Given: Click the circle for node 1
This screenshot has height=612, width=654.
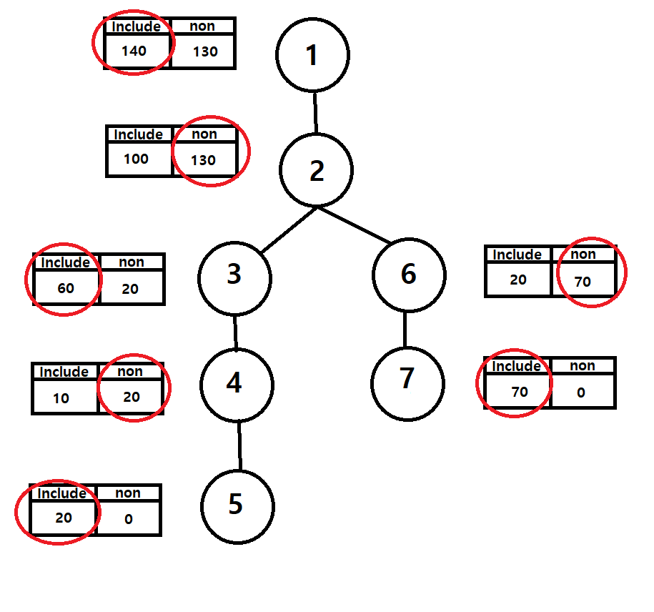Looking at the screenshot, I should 312,56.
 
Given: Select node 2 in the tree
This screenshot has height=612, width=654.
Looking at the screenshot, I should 316,171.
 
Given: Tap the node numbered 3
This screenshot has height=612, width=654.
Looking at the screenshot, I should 234,275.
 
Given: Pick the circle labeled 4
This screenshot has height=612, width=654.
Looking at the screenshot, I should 237,385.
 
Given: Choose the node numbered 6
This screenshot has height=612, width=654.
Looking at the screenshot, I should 409,275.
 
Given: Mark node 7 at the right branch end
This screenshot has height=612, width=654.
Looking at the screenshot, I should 407,379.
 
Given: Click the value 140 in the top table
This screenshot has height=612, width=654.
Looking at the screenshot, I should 134,51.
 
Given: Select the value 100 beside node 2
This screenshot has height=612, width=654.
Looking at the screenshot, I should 136,159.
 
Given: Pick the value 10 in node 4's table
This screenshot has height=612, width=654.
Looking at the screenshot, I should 61,398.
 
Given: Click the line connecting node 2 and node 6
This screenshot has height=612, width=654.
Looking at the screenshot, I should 354,225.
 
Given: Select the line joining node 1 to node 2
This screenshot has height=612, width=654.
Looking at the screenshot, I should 314,112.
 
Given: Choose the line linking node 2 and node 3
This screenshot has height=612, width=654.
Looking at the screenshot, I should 289,230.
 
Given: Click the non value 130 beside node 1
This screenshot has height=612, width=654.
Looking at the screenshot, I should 205,51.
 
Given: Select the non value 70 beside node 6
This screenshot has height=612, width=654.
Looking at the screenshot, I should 583,281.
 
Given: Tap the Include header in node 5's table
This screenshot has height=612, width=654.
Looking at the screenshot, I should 61,493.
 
